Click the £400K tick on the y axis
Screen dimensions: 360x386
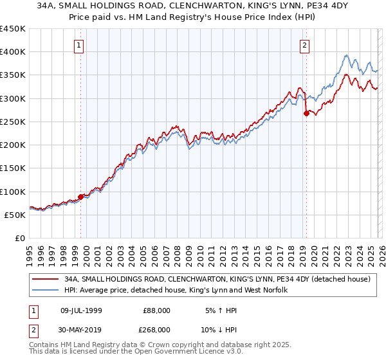coord(14,52)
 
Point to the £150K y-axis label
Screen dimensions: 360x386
coord(14,168)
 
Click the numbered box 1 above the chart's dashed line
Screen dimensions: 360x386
coord(78,45)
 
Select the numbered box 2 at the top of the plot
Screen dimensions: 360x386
coord(304,45)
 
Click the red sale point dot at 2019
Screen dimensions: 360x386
coord(306,114)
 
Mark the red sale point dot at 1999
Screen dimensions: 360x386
coord(80,197)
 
